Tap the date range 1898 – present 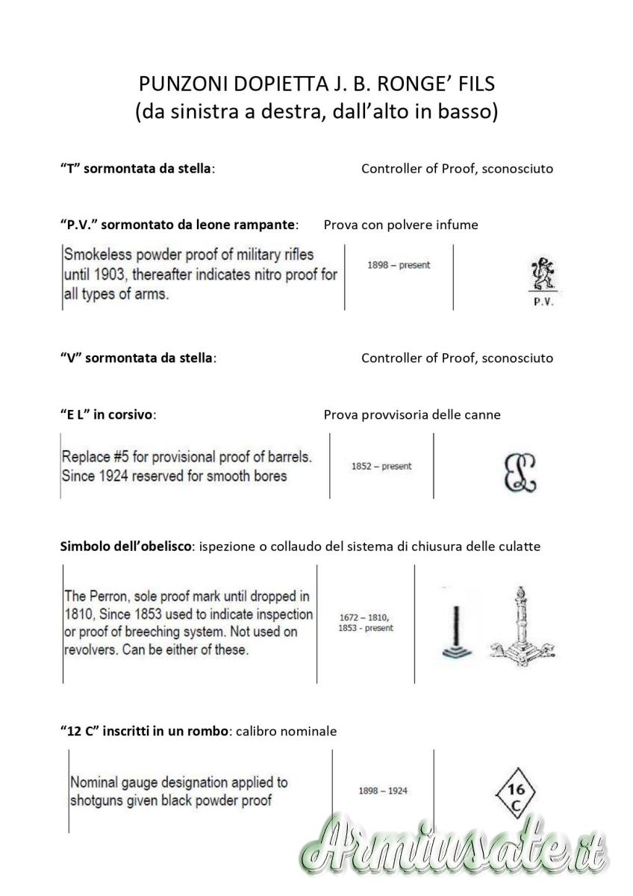pyautogui.click(x=399, y=265)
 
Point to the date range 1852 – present pyautogui.click(x=381, y=467)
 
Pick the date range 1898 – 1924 pyautogui.click(x=383, y=791)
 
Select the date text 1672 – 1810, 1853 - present pyautogui.click(x=366, y=623)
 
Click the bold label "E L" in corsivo pyautogui.click(x=107, y=415)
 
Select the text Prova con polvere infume pyautogui.click(x=401, y=225)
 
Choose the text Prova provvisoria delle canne pyautogui.click(x=412, y=415)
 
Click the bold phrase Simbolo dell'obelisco pyautogui.click(x=124, y=547)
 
